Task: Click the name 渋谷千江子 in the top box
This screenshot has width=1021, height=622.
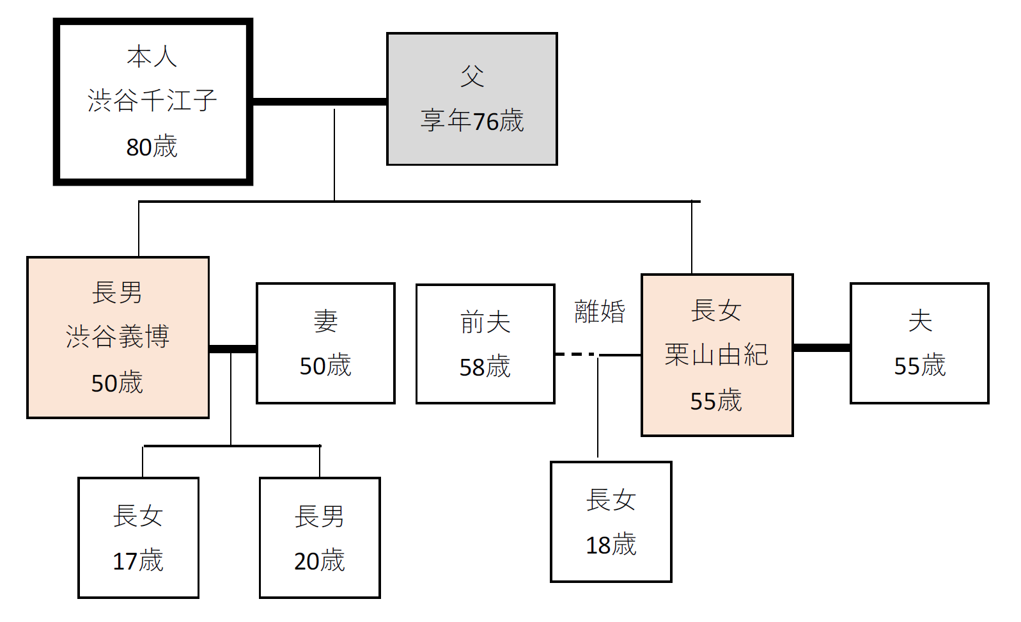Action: [152, 100]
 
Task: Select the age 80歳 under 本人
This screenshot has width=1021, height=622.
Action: [152, 147]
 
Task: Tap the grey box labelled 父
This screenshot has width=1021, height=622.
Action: [472, 99]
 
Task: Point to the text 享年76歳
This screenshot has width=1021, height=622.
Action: [472, 121]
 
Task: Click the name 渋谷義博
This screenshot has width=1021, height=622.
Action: [118, 337]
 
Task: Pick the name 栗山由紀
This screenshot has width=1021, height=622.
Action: [716, 355]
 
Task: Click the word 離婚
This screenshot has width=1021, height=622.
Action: [599, 312]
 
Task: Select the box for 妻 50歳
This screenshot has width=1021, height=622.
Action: [325, 343]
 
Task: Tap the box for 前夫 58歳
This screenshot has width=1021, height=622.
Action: [485, 344]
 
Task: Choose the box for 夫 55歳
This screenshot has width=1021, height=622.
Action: [919, 343]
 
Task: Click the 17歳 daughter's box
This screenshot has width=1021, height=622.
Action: [138, 538]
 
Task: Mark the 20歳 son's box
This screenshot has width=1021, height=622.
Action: [320, 538]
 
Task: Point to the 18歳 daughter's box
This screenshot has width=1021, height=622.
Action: [611, 522]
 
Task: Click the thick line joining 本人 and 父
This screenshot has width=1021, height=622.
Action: [319, 101]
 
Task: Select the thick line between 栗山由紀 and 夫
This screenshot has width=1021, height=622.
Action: [822, 347]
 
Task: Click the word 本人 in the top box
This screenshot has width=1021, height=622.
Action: [152, 56]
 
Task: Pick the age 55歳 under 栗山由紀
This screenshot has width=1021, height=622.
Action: [716, 401]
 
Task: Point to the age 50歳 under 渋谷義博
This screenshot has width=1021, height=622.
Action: [117, 383]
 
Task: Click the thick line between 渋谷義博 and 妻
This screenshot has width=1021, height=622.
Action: [233, 349]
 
